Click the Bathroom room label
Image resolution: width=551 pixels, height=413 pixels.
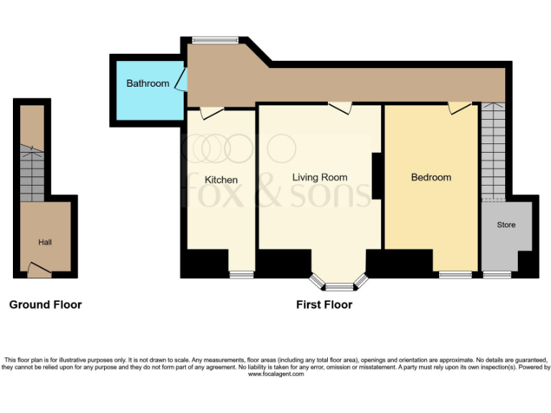[148, 83]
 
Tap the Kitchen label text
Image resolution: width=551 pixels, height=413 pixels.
[221, 179]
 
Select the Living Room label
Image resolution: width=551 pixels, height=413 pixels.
[320, 177]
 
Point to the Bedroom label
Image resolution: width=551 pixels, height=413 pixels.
[431, 177]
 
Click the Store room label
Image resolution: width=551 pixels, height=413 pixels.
[507, 224]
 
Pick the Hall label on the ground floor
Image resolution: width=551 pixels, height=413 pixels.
[45, 242]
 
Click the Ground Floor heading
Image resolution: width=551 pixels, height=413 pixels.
[45, 305]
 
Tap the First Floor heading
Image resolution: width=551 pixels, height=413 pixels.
[324, 305]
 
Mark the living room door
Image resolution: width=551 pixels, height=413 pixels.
[341, 108]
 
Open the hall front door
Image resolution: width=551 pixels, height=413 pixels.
[39, 270]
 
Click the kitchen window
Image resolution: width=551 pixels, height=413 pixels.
[242, 274]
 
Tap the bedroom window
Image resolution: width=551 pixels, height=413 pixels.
[456, 274]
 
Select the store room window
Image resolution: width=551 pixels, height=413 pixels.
[497, 274]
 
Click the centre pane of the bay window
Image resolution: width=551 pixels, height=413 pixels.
[339, 287]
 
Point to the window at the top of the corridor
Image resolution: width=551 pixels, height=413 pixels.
[215, 40]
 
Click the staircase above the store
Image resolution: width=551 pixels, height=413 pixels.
[492, 151]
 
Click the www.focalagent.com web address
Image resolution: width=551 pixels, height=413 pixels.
[275, 374]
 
